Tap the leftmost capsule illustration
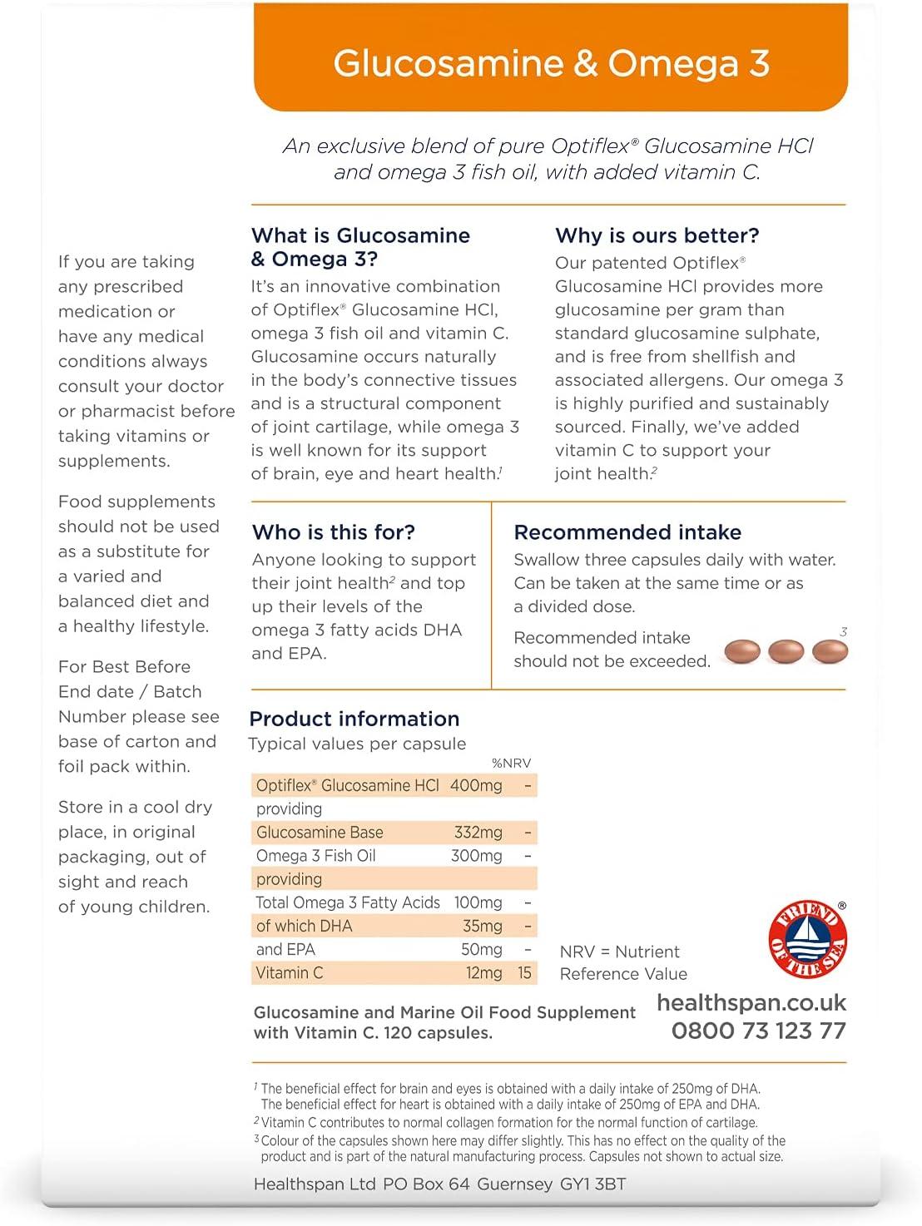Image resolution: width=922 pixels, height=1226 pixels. point(742,651)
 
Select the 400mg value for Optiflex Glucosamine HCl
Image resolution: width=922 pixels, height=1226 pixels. point(476,785)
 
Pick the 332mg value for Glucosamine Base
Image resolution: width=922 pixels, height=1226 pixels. point(478,833)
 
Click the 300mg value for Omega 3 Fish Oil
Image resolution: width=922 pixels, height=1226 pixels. point(477,856)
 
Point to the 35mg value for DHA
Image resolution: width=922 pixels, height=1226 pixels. point(482,926)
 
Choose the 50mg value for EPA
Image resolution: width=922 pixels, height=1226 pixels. point(482,949)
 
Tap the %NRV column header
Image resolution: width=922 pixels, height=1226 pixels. point(511,763)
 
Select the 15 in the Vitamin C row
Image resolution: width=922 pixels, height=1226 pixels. point(524,972)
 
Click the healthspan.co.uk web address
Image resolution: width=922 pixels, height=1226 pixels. point(751,1002)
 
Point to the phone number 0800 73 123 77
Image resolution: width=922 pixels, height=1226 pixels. point(758,1031)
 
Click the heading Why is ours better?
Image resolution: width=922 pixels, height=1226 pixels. point(657,235)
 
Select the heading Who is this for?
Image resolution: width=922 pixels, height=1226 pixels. point(333,532)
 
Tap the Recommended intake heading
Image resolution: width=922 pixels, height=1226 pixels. point(627,532)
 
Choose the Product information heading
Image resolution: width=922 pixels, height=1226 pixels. point(354,719)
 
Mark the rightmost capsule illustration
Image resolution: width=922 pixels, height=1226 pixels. point(830,651)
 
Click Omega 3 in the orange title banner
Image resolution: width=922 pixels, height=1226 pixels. point(689,64)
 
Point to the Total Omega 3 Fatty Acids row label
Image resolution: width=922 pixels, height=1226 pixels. point(348,902)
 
